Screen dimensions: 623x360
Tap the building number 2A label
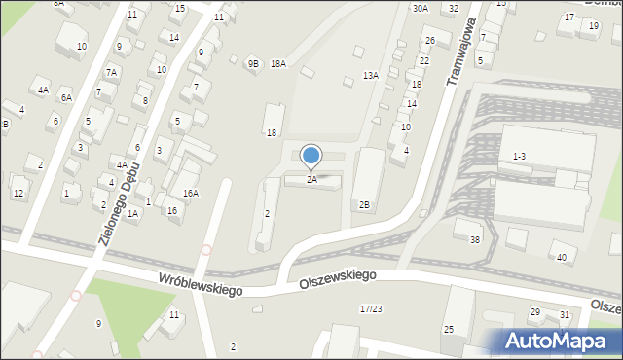coord(311,180)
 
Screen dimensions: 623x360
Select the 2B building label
coord(364,204)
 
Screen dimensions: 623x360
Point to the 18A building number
coord(278,64)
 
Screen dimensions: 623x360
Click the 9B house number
coord(253,64)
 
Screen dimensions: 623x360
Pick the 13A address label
coord(370,75)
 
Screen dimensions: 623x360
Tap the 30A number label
coord(420,8)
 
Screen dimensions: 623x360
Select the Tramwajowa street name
coord(463,54)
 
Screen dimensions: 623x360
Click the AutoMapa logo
coord(561,341)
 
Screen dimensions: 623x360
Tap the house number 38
coord(475,239)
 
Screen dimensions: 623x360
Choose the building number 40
coord(561,258)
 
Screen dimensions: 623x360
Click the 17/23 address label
coord(370,308)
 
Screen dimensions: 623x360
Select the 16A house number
coord(191,194)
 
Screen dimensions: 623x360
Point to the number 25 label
coord(449,329)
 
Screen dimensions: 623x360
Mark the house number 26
coord(429,41)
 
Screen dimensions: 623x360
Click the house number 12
coord(18,193)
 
